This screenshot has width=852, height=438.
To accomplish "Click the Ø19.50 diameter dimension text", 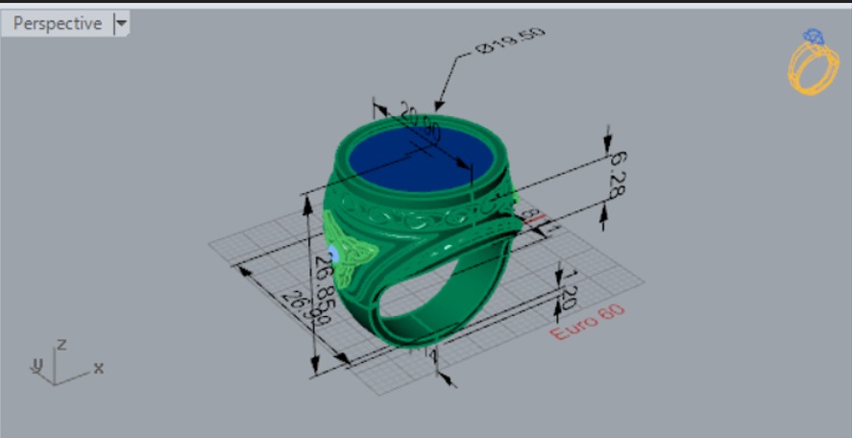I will [510, 44].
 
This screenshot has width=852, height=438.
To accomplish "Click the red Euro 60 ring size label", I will [588, 322].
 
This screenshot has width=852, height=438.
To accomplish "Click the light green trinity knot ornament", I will [349, 248].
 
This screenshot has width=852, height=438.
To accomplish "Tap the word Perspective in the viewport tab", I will [57, 23].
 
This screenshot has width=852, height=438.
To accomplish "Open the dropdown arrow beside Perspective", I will [121, 23].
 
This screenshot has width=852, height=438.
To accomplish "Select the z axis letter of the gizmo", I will [61, 343].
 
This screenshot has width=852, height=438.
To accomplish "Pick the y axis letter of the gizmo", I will [37, 364].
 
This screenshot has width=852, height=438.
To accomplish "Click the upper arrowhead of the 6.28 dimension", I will [606, 145].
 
